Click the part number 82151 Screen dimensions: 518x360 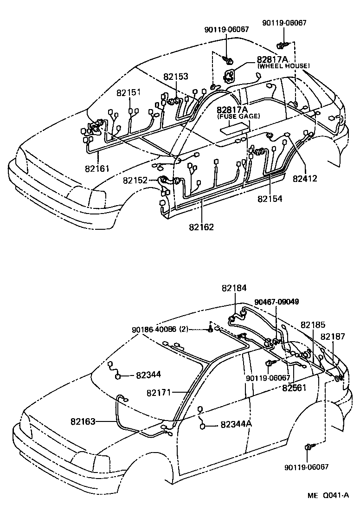coord(129,93)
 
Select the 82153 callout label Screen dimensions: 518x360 coord(175,77)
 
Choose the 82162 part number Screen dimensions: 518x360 coord(201,227)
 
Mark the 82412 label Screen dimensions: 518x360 coord(305,178)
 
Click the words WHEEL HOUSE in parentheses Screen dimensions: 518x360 coord(283,66)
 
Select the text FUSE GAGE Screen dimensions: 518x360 coord(238,116)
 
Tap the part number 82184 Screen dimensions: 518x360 coord(234,288)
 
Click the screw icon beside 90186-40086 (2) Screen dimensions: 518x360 coord(211,330)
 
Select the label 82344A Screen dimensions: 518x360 coord(236,424)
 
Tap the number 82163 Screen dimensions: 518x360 coord(84,421)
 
